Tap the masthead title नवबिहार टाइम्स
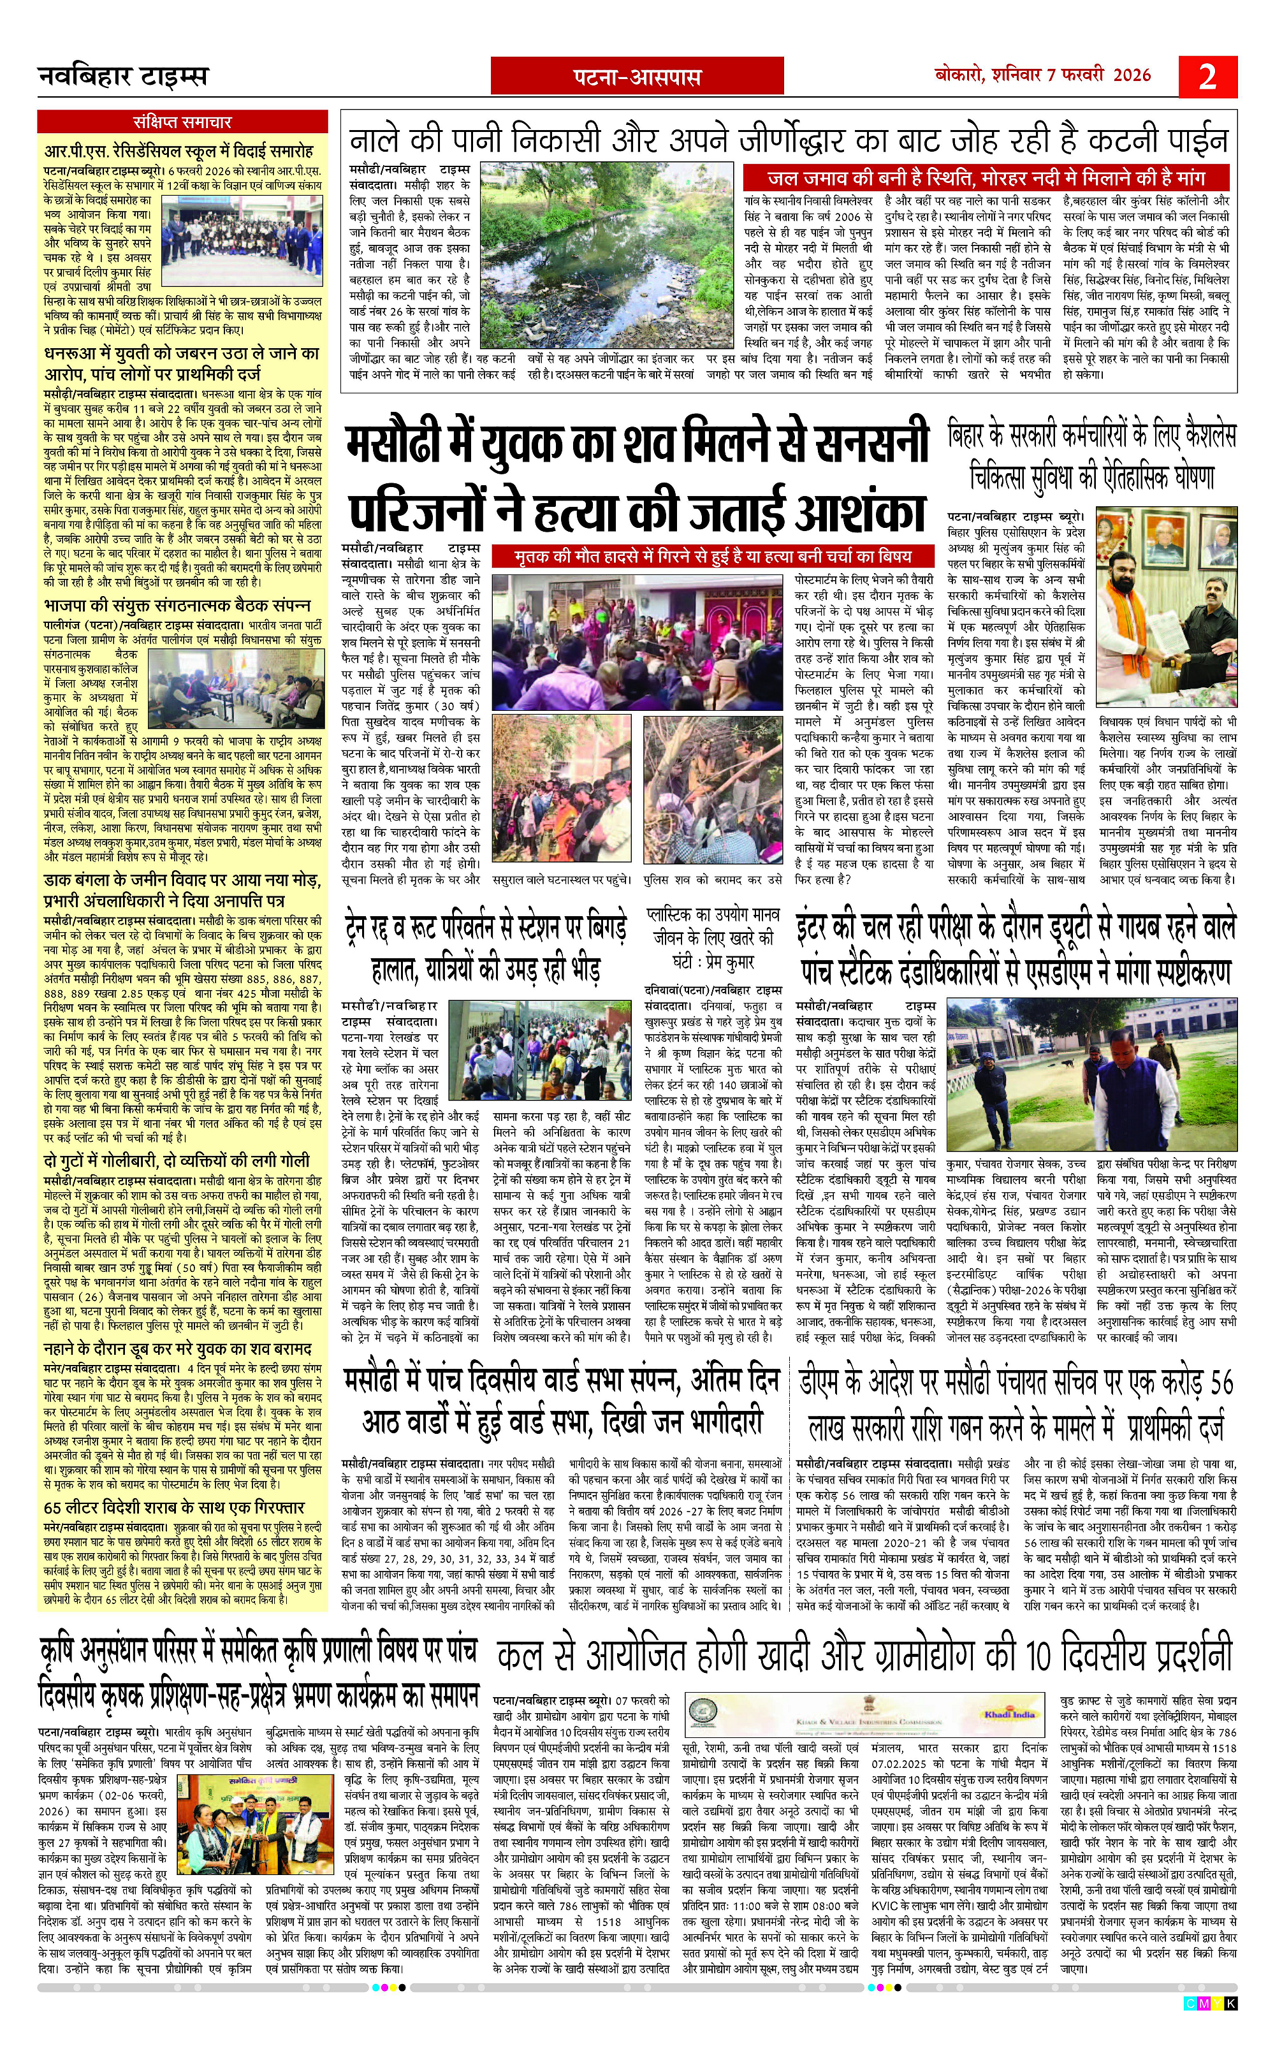coord(123,78)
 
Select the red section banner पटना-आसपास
coord(637,78)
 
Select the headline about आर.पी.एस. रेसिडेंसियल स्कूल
coord(178,151)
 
